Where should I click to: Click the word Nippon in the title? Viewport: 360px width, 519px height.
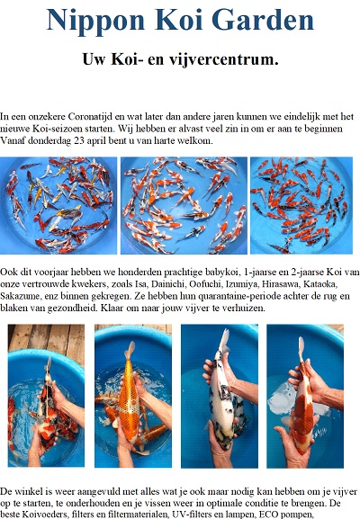click(x=95, y=21)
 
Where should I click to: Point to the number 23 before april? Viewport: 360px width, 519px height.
click(x=79, y=141)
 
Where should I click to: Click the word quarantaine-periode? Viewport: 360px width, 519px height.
click(x=240, y=296)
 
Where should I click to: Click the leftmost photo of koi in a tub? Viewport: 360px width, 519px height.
click(x=58, y=206)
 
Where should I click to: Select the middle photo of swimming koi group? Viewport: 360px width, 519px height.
click(x=184, y=206)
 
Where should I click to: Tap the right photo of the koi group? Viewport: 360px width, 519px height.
click(x=301, y=206)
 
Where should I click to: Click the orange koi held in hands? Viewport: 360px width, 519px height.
click(x=129, y=394)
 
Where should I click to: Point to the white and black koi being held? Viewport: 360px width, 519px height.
click(x=223, y=390)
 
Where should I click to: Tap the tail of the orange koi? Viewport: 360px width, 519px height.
click(x=130, y=350)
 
